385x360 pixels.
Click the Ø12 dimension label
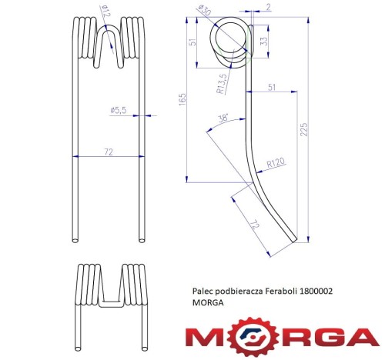coord(105,12)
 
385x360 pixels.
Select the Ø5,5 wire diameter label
coord(119,110)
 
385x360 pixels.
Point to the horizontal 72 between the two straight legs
coord(109,152)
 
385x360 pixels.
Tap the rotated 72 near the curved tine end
coord(255,225)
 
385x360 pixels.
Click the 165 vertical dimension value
coord(182,99)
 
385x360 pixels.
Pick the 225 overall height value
coord(303,129)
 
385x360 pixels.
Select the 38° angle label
coord(223,118)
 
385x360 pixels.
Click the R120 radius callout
coord(276,162)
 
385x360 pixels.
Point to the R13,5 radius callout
coord(222,84)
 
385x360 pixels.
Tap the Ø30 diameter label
coord(205,11)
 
